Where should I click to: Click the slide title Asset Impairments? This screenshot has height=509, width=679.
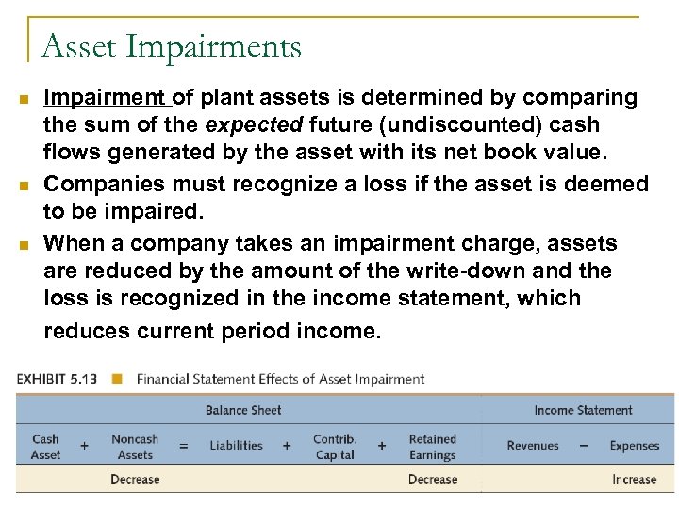[172, 46]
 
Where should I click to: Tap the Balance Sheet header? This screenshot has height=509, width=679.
[243, 410]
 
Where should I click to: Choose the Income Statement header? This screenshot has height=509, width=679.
[583, 410]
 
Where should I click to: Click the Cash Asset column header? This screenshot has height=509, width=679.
[45, 447]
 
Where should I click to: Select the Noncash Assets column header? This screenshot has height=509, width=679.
[135, 447]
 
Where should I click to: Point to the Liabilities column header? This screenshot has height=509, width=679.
[236, 446]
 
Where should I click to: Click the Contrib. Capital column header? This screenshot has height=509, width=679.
[335, 447]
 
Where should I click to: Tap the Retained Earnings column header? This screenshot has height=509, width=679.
[432, 447]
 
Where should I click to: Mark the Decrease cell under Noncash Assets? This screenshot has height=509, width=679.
[135, 479]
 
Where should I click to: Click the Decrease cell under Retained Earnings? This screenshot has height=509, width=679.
[432, 479]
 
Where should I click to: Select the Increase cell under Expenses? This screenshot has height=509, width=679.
[634, 479]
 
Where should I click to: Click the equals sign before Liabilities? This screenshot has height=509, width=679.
[184, 446]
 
